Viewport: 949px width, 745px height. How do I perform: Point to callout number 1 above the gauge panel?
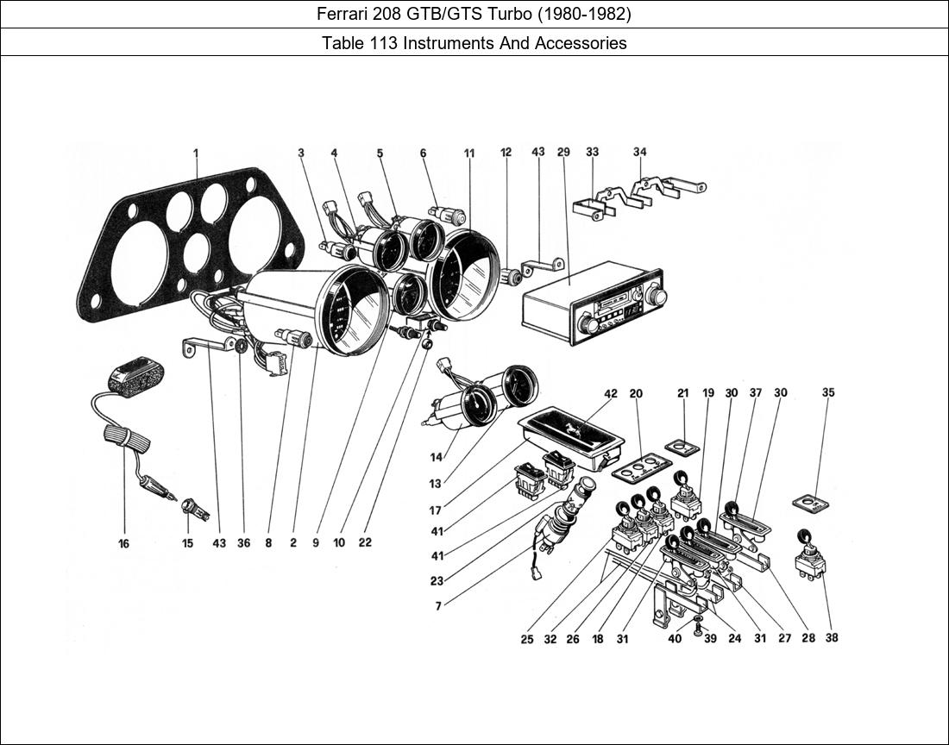coord(196,153)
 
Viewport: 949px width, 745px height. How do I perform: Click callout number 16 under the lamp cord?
coord(124,544)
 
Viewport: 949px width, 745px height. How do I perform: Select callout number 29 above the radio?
coord(563,153)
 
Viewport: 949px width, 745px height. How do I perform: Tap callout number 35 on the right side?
coord(828,392)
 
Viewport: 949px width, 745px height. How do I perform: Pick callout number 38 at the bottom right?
coord(831,638)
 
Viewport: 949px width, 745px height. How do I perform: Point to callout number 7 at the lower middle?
coord(438,606)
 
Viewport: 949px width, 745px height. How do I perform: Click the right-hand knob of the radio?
coord(658,297)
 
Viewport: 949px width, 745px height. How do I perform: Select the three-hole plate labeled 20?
coord(640,468)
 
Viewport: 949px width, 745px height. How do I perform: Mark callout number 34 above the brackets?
coord(639,153)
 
